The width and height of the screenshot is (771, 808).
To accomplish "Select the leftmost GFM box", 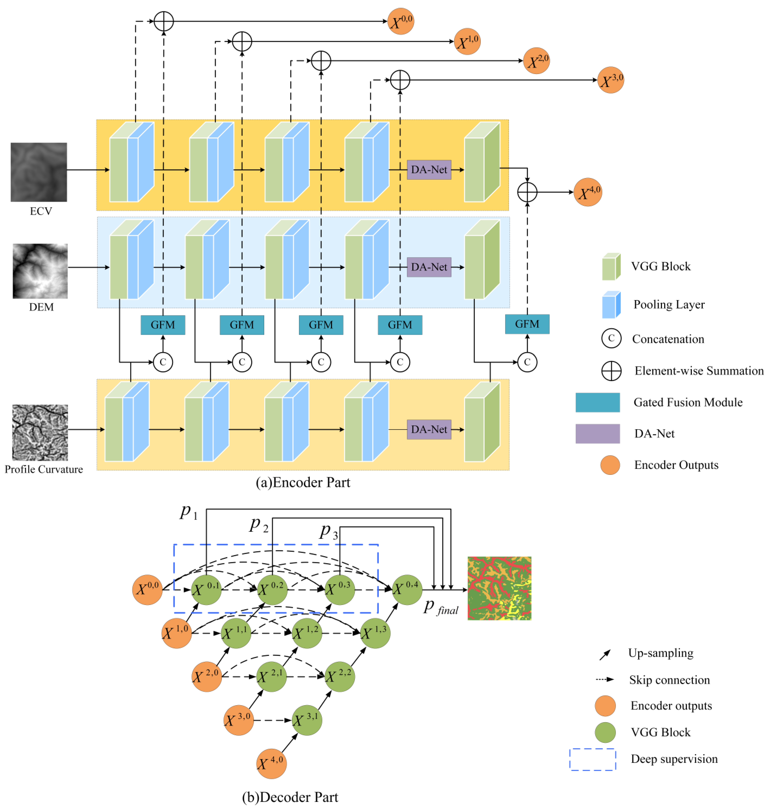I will (x=163, y=325).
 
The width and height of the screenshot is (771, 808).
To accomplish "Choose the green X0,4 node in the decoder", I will (x=407, y=589).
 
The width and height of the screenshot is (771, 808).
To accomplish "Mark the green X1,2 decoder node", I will (x=307, y=633).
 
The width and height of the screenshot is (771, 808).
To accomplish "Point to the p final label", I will (x=441, y=607).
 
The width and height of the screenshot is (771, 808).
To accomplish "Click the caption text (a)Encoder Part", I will (x=303, y=482).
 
